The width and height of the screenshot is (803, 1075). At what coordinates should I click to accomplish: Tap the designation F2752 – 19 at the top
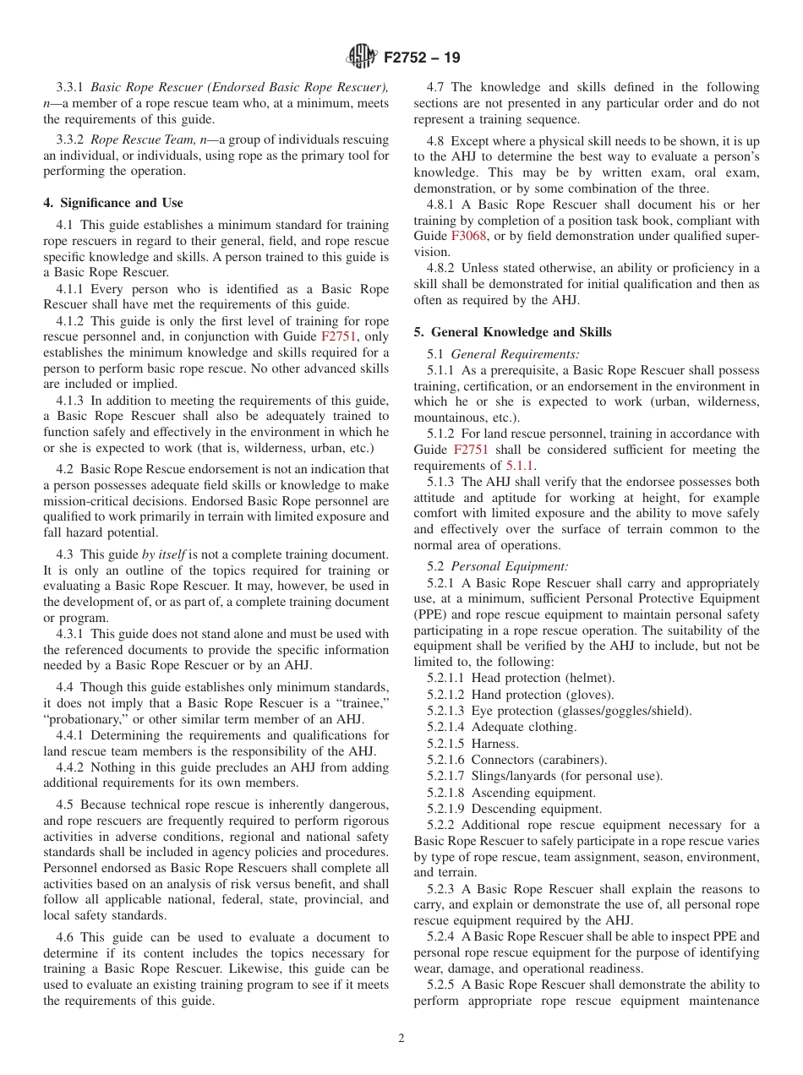click(422, 58)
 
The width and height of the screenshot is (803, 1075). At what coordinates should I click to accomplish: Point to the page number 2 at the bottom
click(401, 1039)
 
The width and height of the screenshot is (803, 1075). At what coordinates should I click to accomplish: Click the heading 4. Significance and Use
click(113, 203)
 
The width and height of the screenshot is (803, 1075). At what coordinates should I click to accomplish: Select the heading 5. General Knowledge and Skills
click(512, 332)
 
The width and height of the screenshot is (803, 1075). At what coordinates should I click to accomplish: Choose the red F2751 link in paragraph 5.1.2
click(471, 450)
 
